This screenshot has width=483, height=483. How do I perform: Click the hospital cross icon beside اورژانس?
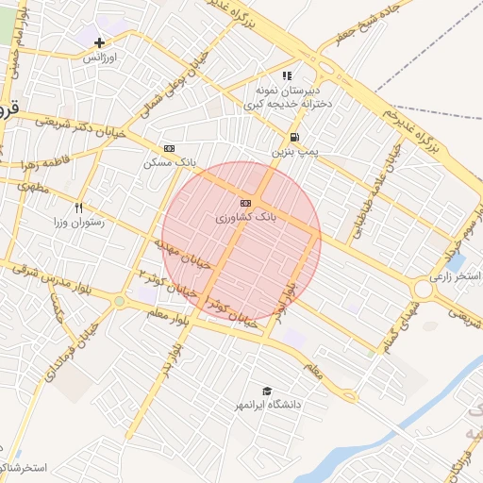click(x=99, y=42)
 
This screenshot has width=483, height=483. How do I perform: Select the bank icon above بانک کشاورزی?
click(x=245, y=203)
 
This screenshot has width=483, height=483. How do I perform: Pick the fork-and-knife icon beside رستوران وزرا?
click(x=79, y=207)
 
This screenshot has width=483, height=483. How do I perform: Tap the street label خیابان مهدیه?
click(x=173, y=254)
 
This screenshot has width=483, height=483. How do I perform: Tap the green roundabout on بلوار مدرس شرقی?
click(x=119, y=302)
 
